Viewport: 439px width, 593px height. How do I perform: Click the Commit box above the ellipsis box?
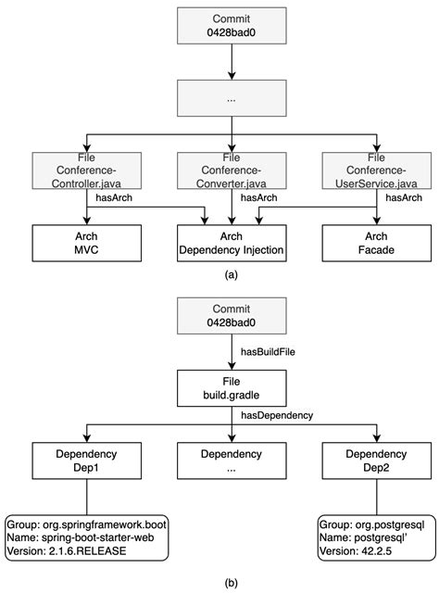click(x=230, y=25)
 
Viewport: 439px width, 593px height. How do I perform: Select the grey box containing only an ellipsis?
click(x=230, y=97)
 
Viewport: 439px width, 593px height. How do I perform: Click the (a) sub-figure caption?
click(x=230, y=275)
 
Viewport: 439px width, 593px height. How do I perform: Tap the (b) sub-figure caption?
click(x=230, y=582)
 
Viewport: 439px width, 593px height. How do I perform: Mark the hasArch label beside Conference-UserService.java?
click(x=405, y=197)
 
